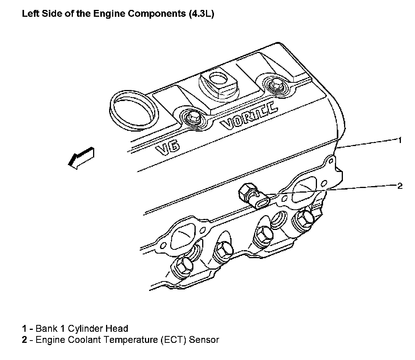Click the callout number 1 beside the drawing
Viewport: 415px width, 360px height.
(399, 140)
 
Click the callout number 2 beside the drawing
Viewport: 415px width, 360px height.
(399, 186)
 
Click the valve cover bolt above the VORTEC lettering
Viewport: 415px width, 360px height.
(273, 85)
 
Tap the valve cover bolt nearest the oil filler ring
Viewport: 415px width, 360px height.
(191, 118)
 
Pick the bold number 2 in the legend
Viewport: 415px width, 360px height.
(24, 339)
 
